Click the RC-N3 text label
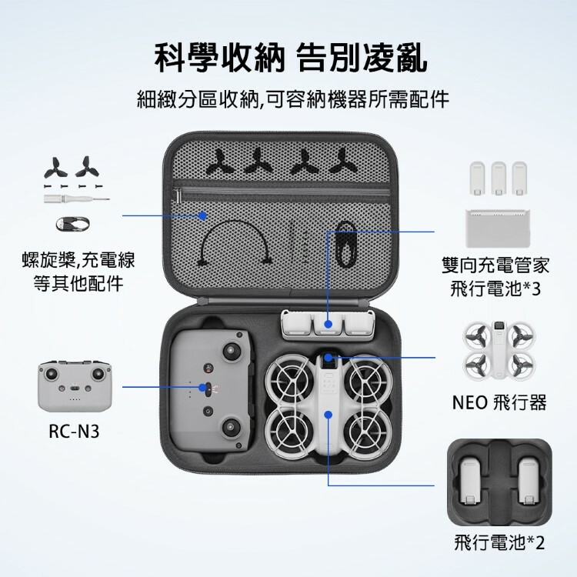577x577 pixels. coord(75,432)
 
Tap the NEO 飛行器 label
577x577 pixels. coord(499,402)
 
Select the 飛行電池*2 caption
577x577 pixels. coord(499,543)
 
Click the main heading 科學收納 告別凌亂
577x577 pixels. coord(291,58)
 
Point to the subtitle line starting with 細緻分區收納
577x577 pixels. coord(293,99)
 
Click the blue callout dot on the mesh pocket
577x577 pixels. coord(202,215)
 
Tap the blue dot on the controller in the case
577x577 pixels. coord(202,388)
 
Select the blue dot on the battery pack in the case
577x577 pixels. coord(329,324)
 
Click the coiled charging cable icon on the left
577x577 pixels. coord(73,224)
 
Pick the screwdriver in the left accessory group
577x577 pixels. coord(76,198)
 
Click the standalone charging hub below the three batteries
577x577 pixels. coord(499,228)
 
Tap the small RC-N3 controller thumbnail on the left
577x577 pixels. coord(75,386)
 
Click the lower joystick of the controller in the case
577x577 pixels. coord(231,427)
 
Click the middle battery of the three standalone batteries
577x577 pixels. coord(499,178)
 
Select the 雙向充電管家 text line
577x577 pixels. coord(495,265)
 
